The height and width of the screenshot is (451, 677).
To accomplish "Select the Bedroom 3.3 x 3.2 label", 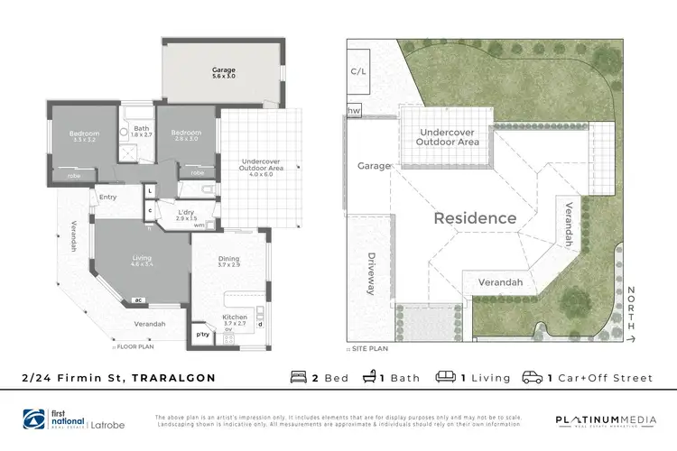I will (x=83, y=137).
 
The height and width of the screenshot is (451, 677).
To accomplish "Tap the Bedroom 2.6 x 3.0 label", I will (x=187, y=135).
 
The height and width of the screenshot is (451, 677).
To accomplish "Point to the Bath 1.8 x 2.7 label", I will (x=141, y=131).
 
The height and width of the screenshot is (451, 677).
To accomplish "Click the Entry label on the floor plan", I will (x=108, y=197).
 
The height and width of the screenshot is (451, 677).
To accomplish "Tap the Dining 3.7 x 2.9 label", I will (x=229, y=262).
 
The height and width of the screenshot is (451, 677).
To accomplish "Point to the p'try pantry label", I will (x=203, y=336).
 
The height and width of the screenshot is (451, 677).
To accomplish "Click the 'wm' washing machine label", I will (x=199, y=225).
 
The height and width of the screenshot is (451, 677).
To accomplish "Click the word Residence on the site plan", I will (x=475, y=218).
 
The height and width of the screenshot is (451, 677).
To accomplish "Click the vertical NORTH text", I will (x=629, y=308).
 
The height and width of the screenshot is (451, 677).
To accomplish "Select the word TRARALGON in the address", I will (x=174, y=378).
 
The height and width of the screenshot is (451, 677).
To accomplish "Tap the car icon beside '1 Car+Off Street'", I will (x=532, y=377).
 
